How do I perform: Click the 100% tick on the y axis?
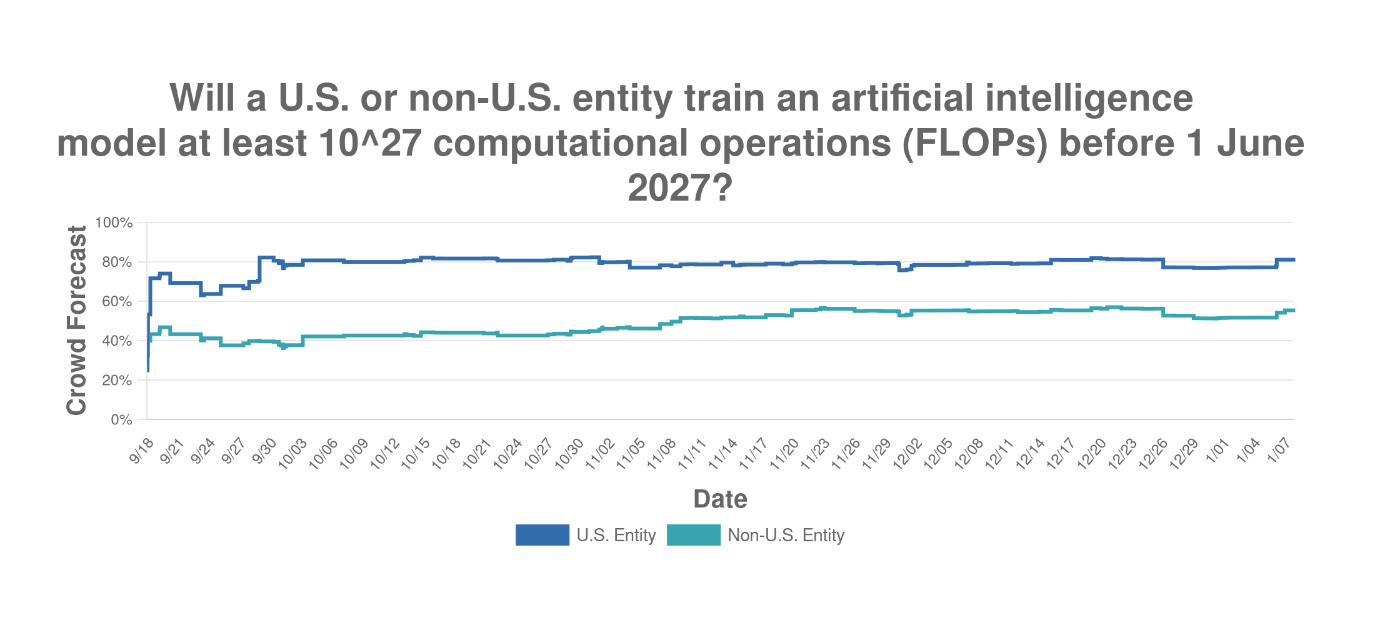pos(114,223)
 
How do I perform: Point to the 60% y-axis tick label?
pos(117,302)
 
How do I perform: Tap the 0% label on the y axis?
pos(121,420)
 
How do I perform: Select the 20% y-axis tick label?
pos(117,381)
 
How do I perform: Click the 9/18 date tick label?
pos(142,451)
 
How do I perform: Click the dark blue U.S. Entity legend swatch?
pos(542,536)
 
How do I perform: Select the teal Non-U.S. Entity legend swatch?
pos(693,536)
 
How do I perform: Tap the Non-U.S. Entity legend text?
pos(786,536)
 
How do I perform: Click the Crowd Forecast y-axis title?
pos(76,320)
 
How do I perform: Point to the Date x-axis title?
pos(720,499)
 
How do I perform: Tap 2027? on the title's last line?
pos(679,187)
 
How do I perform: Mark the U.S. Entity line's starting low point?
pos(148,371)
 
